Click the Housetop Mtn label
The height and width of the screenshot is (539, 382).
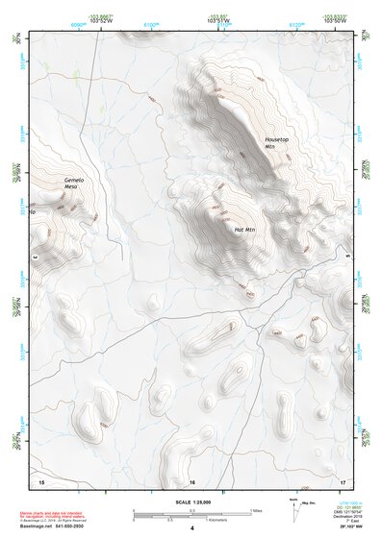pos(276,142)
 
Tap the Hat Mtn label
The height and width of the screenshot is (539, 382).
pos(244,230)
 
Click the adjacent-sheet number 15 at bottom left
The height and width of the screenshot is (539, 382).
pos(40,479)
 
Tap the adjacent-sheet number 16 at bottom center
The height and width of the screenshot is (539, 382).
pos(192,480)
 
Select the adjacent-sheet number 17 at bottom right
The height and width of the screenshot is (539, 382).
pos(342,479)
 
